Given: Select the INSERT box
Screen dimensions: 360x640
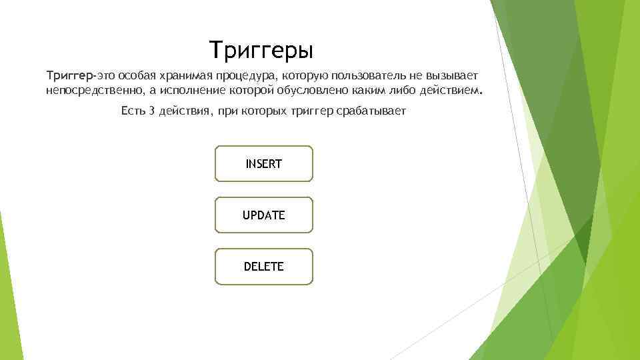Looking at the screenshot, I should (x=263, y=164).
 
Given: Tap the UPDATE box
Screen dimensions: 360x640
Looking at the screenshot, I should (x=263, y=215).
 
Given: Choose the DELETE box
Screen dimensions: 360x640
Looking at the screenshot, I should (x=263, y=267).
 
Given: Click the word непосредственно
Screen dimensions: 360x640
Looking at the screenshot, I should (x=92, y=90).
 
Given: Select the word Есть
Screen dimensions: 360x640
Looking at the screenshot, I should (x=133, y=111).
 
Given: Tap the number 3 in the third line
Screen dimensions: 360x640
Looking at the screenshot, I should (x=153, y=111).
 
